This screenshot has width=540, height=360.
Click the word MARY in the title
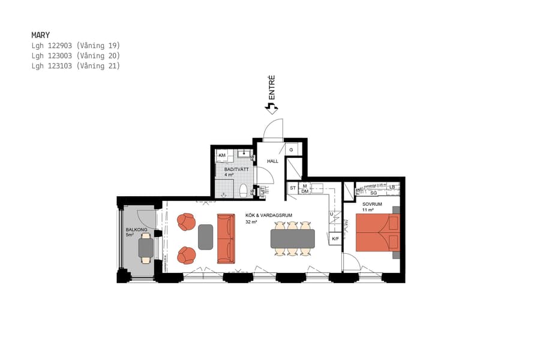click(x=40, y=35)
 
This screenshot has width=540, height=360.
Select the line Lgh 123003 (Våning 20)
click(x=76, y=56)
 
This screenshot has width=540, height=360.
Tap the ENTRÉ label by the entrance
click(x=272, y=87)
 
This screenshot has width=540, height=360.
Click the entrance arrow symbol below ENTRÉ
click(x=272, y=108)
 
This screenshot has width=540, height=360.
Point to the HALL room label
click(x=273, y=161)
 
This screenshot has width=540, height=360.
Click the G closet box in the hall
click(x=292, y=149)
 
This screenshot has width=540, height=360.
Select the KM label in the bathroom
click(x=222, y=156)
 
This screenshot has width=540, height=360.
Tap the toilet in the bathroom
click(x=243, y=191)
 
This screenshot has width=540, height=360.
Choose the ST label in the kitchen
click(x=293, y=188)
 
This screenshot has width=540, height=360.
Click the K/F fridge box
click(x=335, y=239)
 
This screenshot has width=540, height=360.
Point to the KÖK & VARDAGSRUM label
click(x=268, y=215)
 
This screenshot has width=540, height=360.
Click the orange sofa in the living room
click(x=226, y=239)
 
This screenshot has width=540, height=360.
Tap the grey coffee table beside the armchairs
click(x=205, y=237)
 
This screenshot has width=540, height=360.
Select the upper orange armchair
click(x=186, y=222)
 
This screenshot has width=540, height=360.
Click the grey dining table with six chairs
click(x=292, y=238)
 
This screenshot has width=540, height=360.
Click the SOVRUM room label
click(x=372, y=205)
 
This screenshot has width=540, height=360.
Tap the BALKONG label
click(x=136, y=230)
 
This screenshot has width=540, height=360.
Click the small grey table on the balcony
click(x=146, y=248)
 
